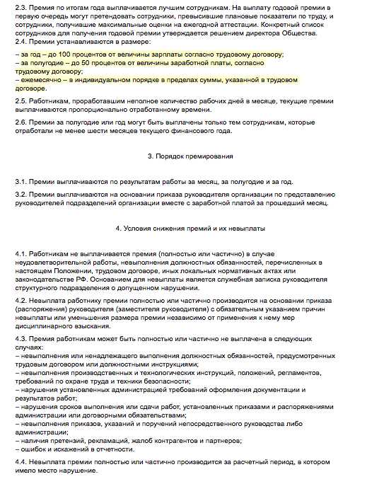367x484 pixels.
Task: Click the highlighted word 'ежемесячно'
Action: [x=44, y=80]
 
